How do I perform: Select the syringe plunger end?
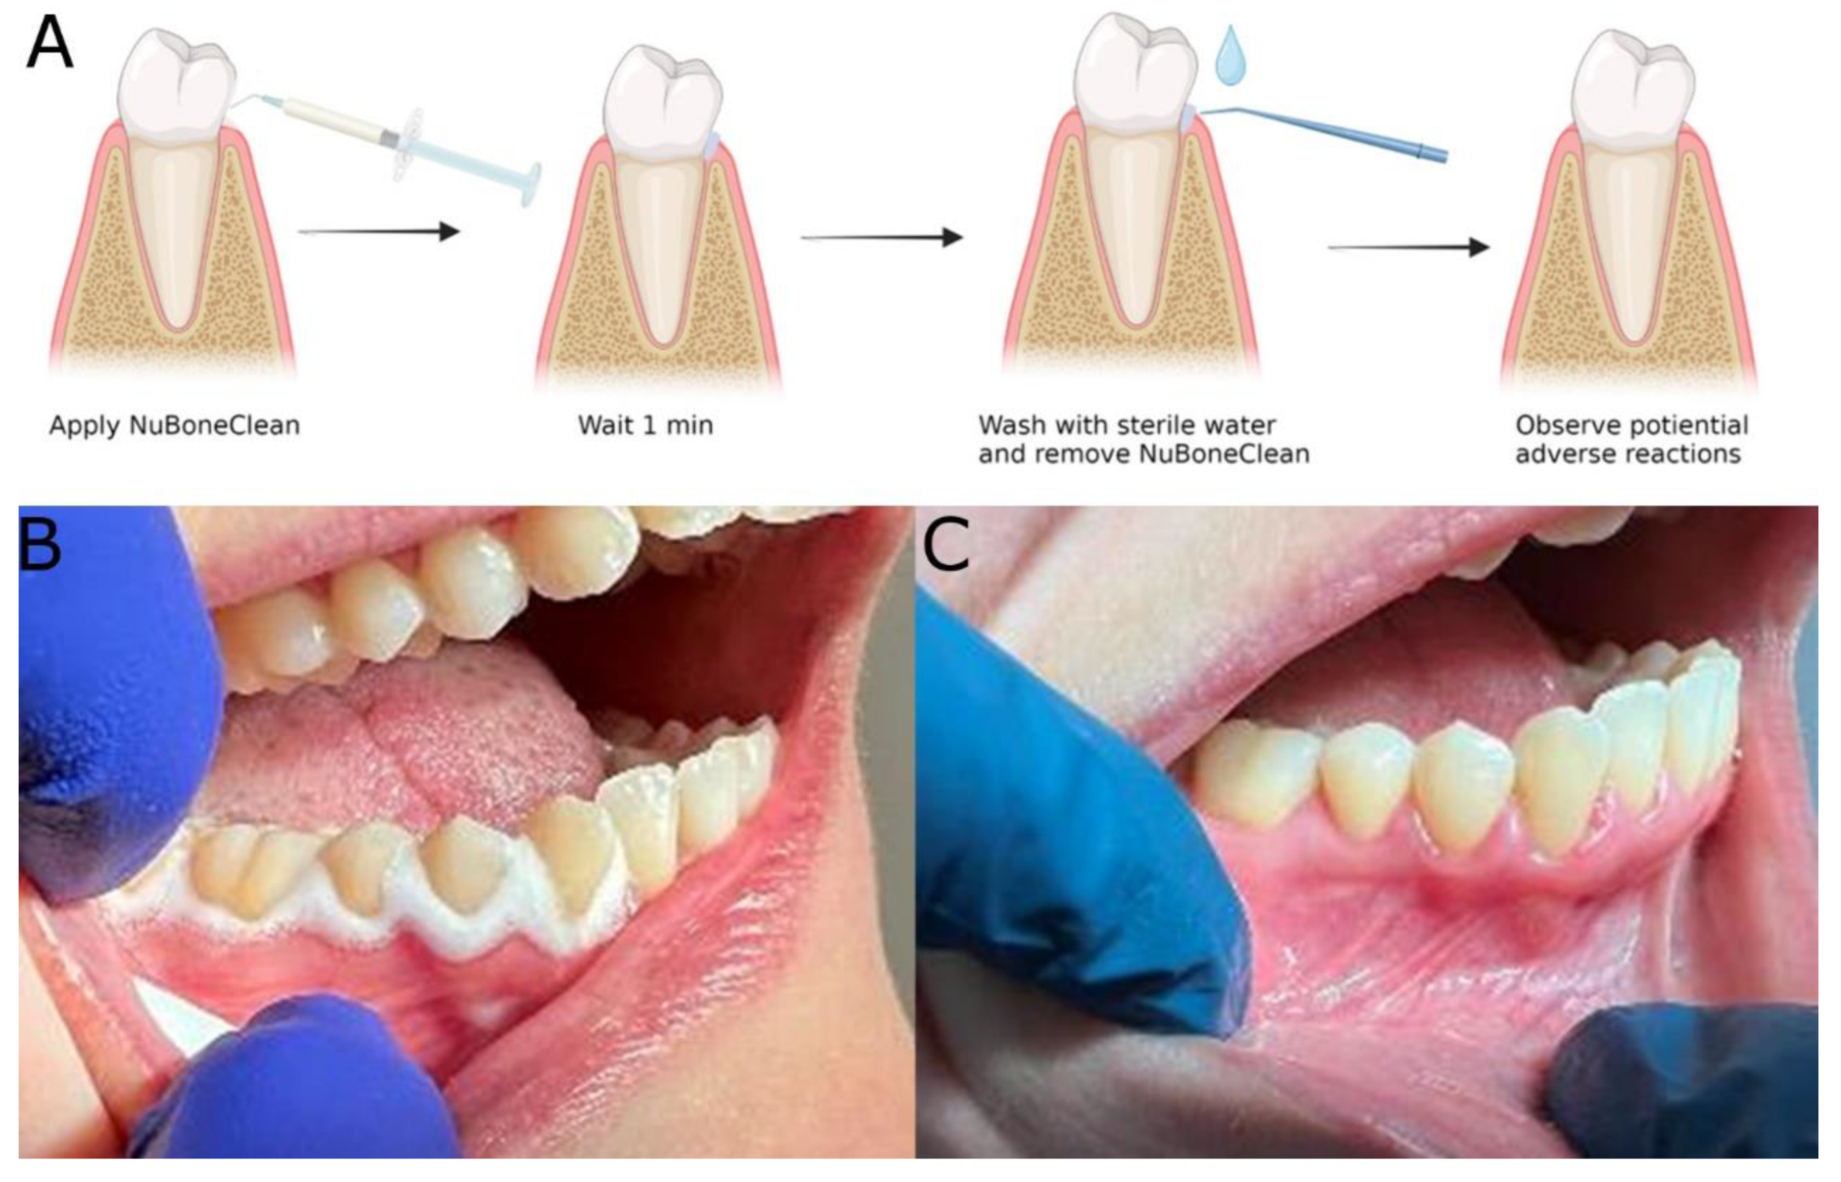click(x=529, y=184)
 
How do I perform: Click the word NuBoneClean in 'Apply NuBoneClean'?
click(x=214, y=425)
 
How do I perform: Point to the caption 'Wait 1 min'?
click(x=644, y=425)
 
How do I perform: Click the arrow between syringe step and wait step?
click(x=380, y=231)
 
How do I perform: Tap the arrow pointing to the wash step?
click(x=883, y=238)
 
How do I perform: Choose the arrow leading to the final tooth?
click(x=1409, y=247)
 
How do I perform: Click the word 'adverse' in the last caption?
click(x=1566, y=455)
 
